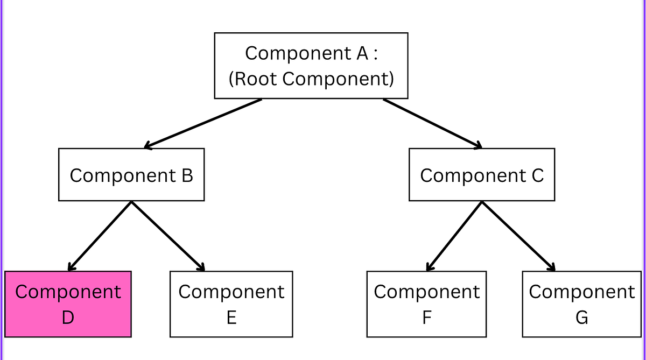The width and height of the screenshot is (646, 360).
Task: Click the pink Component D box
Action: (x=68, y=304)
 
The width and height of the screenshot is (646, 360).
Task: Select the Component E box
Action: (x=231, y=304)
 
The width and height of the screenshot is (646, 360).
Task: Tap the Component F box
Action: (x=426, y=304)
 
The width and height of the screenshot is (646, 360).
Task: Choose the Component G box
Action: (x=581, y=304)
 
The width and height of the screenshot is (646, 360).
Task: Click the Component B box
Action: (x=131, y=175)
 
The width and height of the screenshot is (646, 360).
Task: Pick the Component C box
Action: (x=482, y=175)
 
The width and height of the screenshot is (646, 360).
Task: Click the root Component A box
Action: (x=311, y=66)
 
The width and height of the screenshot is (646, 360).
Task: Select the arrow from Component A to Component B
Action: (x=203, y=123)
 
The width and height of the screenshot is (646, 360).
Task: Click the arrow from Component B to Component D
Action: (x=100, y=236)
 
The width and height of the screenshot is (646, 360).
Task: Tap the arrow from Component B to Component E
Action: (x=168, y=236)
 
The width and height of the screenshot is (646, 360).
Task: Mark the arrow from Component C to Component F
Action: (x=454, y=236)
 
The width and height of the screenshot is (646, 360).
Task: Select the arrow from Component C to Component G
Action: (x=518, y=236)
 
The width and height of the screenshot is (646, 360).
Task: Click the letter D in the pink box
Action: (x=68, y=317)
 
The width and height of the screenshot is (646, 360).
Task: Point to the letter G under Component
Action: (x=581, y=317)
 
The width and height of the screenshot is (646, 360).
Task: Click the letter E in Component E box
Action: (x=231, y=317)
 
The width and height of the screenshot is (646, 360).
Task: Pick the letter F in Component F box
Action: (x=426, y=317)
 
